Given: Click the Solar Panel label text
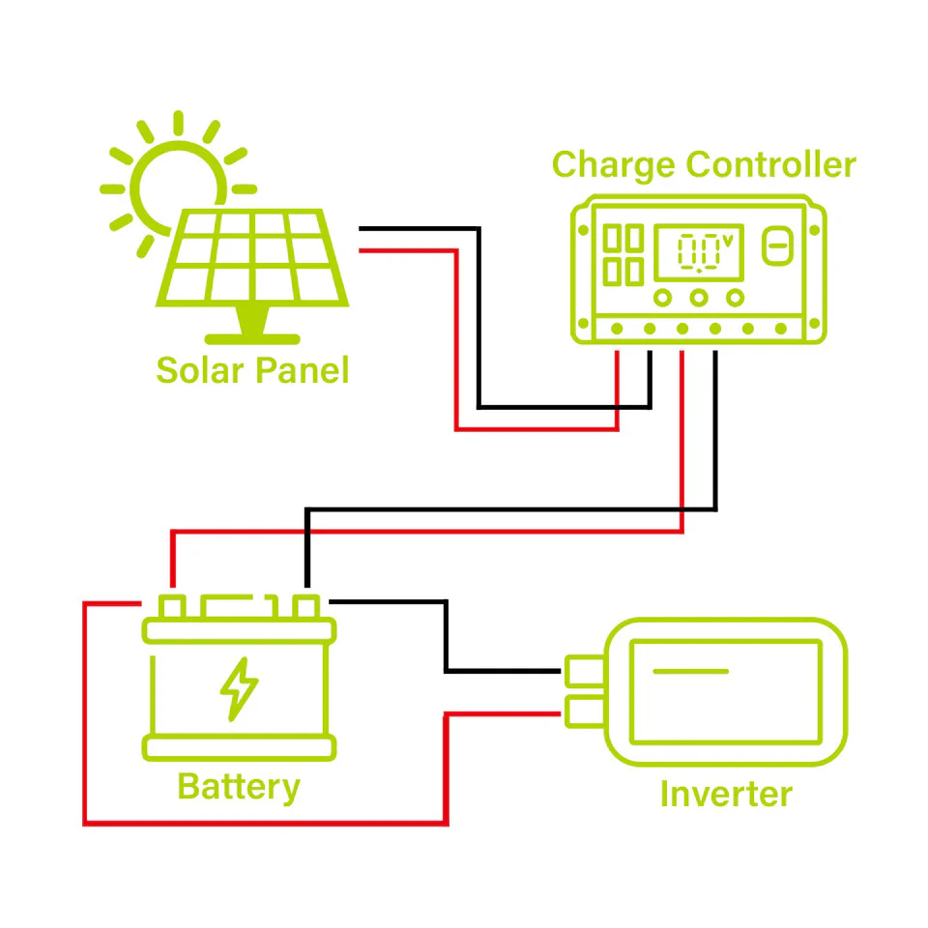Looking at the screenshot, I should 252,370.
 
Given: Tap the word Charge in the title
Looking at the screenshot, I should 613,165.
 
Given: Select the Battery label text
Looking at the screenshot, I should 238,787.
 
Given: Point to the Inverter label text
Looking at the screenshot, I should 725,795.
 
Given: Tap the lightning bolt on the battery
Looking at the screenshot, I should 239,688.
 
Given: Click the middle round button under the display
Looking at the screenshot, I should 699,298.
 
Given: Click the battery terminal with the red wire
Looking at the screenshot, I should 172,607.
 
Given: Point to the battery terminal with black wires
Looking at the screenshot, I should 306,607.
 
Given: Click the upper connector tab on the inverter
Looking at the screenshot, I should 583,670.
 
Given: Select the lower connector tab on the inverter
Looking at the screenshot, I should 583,711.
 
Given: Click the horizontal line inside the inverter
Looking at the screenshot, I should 689,671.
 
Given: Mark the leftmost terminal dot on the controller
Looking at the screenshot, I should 616,330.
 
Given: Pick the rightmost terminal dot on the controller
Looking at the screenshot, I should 781,330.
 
